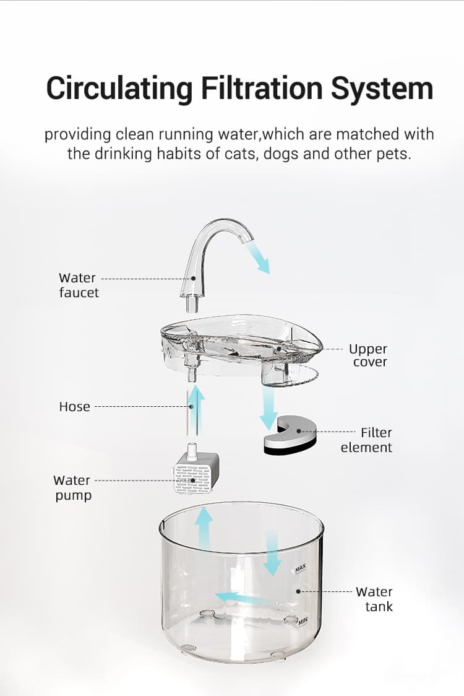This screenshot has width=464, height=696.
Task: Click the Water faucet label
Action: coord(78,285)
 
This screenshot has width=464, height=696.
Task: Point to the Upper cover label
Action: coord(368,355)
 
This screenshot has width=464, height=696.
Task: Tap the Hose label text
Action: coord(74,407)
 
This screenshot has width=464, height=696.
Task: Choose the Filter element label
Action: coord(367,440)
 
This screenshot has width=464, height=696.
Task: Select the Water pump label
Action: coord(72,487)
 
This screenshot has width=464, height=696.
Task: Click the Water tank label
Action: coord(375,599)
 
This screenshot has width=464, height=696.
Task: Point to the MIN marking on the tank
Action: coord(303,621)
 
